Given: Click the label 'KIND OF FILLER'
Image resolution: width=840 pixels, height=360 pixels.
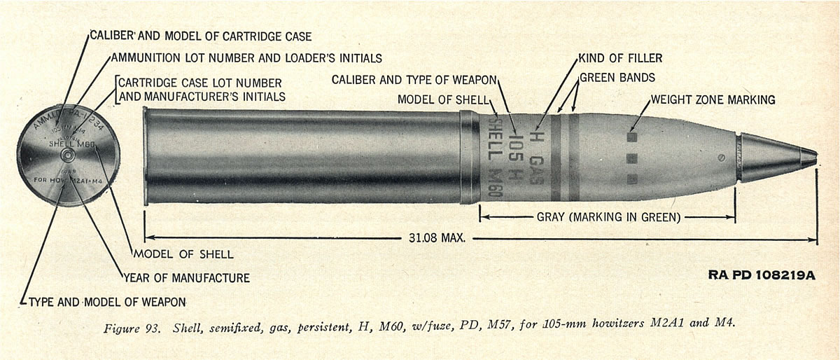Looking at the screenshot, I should click(619, 57).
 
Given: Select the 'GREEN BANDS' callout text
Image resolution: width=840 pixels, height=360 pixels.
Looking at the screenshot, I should click(617, 77).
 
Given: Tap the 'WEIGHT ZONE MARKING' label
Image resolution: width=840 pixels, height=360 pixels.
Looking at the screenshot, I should click(713, 99).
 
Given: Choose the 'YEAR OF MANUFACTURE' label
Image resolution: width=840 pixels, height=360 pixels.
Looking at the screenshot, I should click(186, 278).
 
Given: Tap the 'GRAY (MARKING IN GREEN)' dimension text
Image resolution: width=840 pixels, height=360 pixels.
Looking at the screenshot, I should click(608, 217).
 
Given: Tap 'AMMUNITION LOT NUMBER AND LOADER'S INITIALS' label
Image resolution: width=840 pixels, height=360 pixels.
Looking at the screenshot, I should click(246, 57).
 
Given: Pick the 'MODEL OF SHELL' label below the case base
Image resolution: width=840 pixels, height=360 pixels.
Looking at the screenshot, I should click(183, 254).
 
